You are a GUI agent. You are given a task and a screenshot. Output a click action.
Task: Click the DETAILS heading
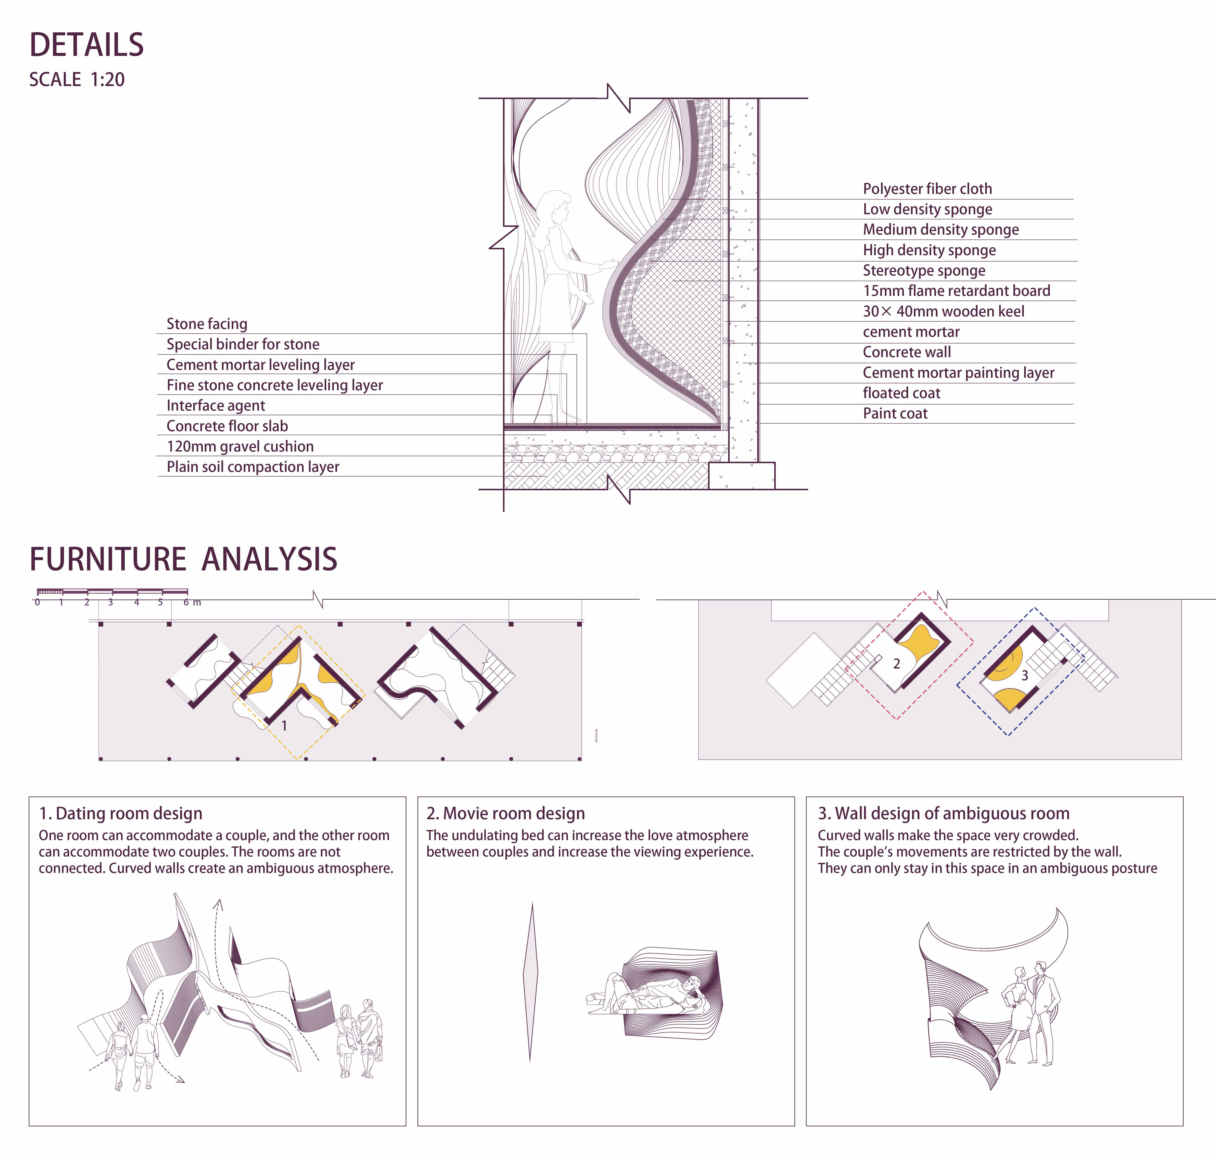point(87,45)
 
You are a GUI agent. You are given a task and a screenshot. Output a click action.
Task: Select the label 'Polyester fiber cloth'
point(927,189)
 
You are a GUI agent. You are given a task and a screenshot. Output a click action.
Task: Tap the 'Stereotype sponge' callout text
point(924,270)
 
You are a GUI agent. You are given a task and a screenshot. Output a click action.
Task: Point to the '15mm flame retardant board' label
point(956,291)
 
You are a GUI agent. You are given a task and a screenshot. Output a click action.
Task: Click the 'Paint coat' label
point(895,414)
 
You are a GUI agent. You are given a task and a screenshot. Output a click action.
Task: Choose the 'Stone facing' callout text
point(207,324)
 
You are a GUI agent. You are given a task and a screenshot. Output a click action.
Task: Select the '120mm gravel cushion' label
point(240,446)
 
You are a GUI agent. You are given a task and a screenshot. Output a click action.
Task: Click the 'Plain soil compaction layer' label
point(253,467)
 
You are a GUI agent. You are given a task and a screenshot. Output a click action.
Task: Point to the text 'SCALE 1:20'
point(77,80)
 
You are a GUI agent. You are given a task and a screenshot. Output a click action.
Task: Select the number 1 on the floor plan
point(284,726)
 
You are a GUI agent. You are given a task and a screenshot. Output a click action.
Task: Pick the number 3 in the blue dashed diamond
point(1025,675)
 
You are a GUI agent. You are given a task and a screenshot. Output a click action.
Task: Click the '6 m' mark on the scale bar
point(192,603)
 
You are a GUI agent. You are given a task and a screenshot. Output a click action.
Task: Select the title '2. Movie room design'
point(505,814)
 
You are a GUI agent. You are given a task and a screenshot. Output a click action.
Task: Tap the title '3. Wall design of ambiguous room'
point(944,814)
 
